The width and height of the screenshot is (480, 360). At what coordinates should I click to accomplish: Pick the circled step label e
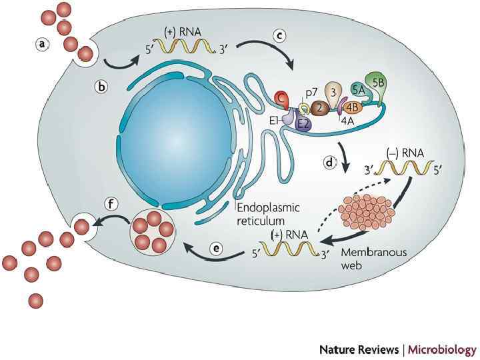pyautogui.click(x=215, y=248)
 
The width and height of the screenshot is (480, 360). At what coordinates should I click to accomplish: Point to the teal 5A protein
pyautogui.click(x=358, y=87)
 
